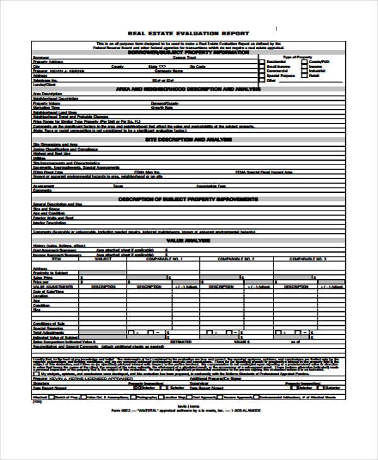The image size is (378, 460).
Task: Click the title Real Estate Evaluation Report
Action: [x=188, y=33]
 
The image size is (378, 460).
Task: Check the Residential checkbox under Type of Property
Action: [x=262, y=61]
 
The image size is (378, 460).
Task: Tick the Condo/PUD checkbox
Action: [x=305, y=61]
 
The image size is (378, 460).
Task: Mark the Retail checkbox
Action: [x=305, y=76]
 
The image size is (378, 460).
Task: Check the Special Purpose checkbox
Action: [x=262, y=76]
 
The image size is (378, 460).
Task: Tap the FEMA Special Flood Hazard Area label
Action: [x=264, y=171]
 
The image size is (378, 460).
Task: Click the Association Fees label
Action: [x=211, y=186]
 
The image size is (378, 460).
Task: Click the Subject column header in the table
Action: [x=103, y=258]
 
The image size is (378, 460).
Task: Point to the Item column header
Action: [x=56, y=258]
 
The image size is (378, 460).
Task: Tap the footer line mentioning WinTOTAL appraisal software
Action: [x=190, y=411]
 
